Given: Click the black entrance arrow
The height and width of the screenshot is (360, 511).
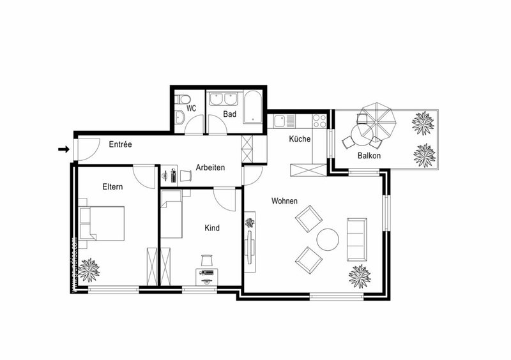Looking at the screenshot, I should click(x=63, y=149).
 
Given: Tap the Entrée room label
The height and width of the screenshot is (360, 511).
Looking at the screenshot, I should click(x=120, y=145).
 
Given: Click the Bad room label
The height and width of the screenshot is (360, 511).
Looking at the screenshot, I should click(x=230, y=114).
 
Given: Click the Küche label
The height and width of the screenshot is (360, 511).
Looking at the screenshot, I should click(x=300, y=139).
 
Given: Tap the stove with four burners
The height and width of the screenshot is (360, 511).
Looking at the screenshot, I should click(x=319, y=119).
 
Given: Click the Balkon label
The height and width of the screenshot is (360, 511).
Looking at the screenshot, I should click(x=369, y=156).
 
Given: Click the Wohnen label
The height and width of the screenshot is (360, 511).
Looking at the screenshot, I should click(x=284, y=201).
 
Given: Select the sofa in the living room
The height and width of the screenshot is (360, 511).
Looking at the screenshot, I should click(x=356, y=239).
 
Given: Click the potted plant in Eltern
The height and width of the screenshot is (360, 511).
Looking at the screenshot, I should click(x=89, y=269).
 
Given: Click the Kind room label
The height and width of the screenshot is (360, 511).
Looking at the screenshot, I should click(x=212, y=228).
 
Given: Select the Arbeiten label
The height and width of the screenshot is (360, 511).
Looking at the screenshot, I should click(x=210, y=168).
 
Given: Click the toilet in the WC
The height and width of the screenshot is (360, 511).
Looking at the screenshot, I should click(x=183, y=98).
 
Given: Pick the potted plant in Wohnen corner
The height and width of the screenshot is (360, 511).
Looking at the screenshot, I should click(x=360, y=276).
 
